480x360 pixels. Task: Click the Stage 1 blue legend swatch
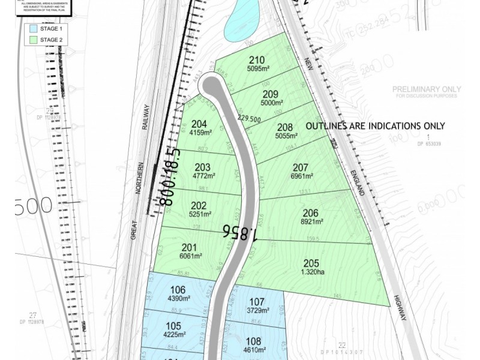coord(31,28)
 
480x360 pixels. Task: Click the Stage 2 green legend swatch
coord(31,40)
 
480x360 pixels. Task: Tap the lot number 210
coord(257,60)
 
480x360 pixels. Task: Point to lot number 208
coord(285,127)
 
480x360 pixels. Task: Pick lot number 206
coord(310,212)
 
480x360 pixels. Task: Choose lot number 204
coord(199,124)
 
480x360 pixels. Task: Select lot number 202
coord(199,205)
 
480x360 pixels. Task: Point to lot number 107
coord(256,301)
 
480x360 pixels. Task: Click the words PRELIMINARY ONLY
coord(425,89)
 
